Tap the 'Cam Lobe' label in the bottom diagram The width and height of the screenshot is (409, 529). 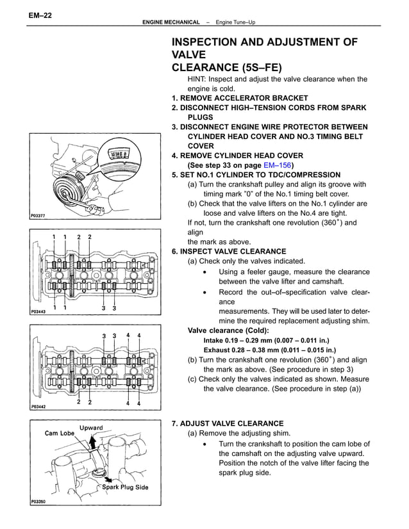click(x=58, y=433)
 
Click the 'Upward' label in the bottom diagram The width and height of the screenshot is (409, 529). click(x=91, y=427)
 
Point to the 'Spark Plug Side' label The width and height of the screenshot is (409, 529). click(x=126, y=487)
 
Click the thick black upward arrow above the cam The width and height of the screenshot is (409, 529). click(x=94, y=443)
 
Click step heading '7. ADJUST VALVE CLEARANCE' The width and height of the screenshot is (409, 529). click(x=228, y=423)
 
